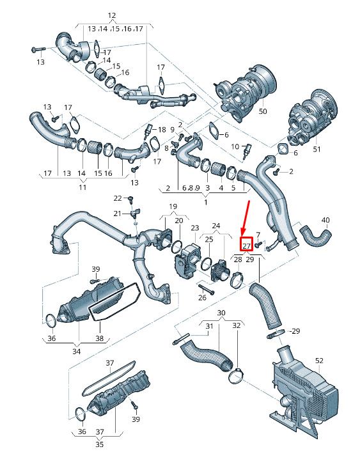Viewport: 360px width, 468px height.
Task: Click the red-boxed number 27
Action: click(x=247, y=246)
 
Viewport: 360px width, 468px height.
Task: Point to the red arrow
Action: click(x=246, y=218)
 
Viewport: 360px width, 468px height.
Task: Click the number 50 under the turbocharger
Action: click(x=263, y=111)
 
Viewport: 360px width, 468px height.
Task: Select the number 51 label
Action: click(x=317, y=149)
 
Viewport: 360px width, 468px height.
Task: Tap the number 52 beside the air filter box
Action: click(x=319, y=361)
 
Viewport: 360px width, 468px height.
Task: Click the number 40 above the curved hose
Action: click(x=325, y=221)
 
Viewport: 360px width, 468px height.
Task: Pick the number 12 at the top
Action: click(x=112, y=15)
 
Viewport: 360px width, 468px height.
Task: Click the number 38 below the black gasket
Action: click(x=99, y=338)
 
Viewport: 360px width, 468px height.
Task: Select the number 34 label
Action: click(x=77, y=351)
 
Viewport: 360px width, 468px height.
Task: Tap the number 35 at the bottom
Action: click(x=99, y=444)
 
